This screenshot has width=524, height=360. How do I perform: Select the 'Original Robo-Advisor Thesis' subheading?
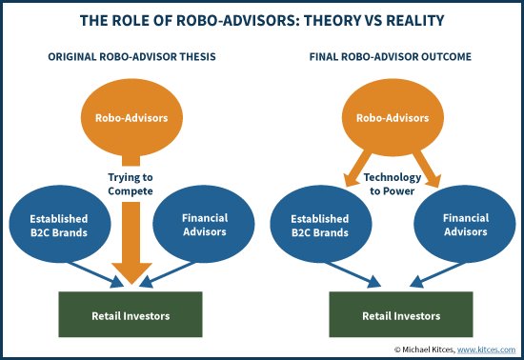[x=131, y=57]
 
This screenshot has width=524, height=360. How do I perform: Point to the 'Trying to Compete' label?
[x=131, y=184]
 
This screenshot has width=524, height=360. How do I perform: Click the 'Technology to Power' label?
[x=391, y=184]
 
